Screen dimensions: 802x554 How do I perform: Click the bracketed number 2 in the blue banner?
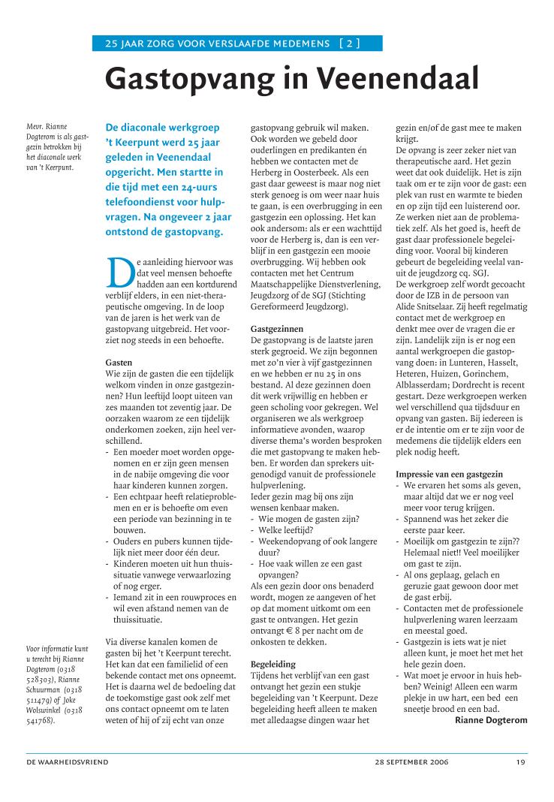[x=350, y=44]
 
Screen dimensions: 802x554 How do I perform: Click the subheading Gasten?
[x=119, y=363]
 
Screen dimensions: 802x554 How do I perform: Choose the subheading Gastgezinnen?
[x=277, y=330]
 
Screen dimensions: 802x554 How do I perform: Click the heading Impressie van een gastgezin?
[x=449, y=475]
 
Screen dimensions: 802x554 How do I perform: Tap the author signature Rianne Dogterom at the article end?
[x=491, y=720]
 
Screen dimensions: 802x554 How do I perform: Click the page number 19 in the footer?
[x=521, y=762]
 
